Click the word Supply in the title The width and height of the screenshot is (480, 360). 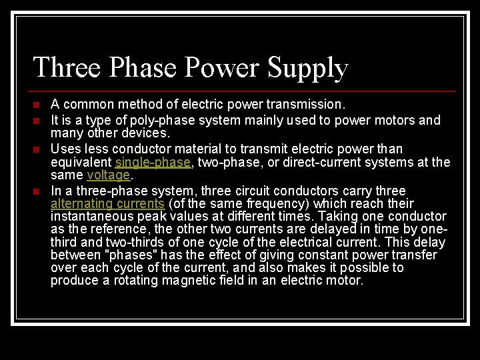point(308,68)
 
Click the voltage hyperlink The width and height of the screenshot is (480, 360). point(108,175)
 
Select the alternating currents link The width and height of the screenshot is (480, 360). point(107,203)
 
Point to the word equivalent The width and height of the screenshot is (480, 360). point(81,162)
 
